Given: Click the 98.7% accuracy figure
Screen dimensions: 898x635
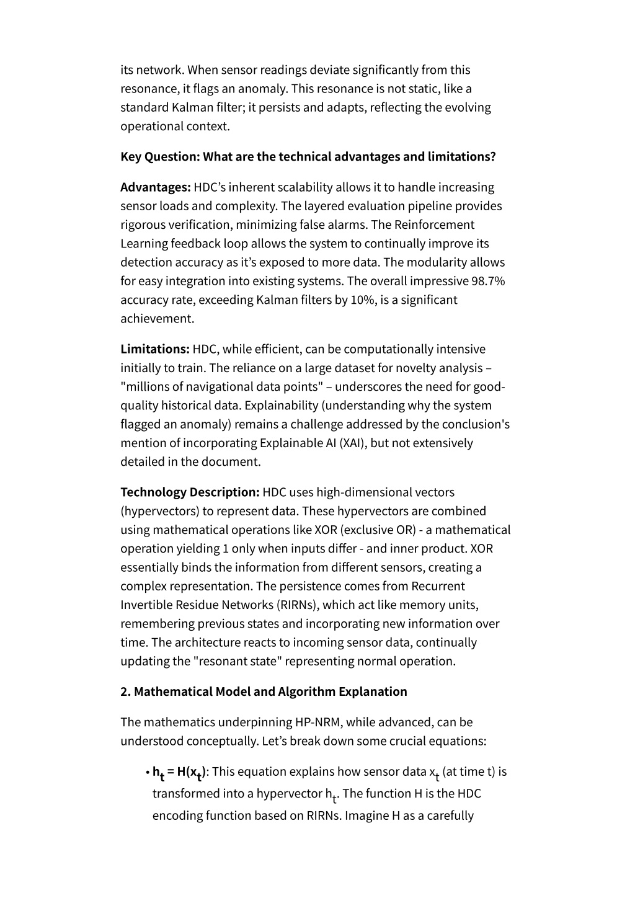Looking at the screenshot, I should pos(488,281).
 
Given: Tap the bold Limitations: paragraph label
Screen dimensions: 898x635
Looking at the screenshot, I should pos(155,349).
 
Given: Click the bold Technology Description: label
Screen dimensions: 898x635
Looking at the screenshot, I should pos(190,492).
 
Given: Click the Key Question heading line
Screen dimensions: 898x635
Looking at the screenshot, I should pos(308,156).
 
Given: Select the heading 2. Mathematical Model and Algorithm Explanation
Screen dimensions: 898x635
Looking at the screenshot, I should pos(264,691).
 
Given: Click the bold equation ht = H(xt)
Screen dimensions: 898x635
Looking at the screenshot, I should pos(180,773).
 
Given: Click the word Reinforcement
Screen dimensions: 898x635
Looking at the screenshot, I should pos(434,225).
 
